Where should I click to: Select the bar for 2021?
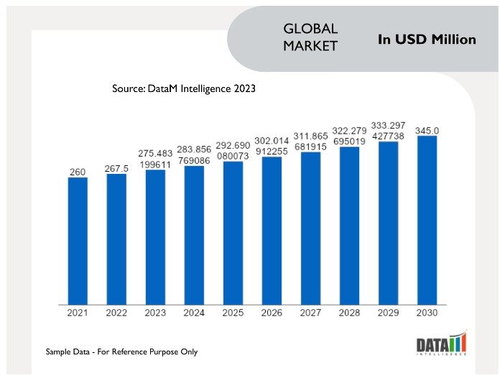coord(78,240)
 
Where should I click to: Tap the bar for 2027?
coord(310,228)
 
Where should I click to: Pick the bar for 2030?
coord(427,219)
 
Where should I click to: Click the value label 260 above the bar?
coord(78,172)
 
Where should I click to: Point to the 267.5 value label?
coord(116,168)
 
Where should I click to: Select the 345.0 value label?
coord(427,130)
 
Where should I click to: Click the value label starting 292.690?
coord(233,149)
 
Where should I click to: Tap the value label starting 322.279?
coord(349,137)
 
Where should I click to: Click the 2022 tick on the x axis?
coord(116,313)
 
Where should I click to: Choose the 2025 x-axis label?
coord(233,313)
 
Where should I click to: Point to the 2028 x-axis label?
coord(349,313)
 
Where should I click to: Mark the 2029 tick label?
coord(388,313)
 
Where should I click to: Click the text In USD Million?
coord(427,40)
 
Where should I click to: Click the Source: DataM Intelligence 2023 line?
coord(184,89)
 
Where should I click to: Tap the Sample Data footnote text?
coord(121,351)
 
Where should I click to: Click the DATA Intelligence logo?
coord(442,344)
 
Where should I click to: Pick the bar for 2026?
coord(272,231)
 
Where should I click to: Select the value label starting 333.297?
coord(388,131)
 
